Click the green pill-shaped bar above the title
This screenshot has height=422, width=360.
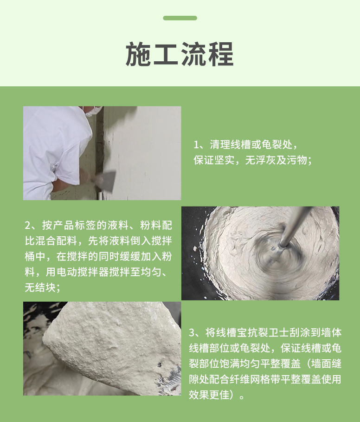pyautogui.click(x=180, y=18)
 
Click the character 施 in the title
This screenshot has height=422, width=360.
pyautogui.click(x=139, y=55)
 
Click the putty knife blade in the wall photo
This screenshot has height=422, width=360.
pyautogui.click(x=106, y=178)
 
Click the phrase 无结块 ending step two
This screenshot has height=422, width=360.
pyautogui.click(x=40, y=287)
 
